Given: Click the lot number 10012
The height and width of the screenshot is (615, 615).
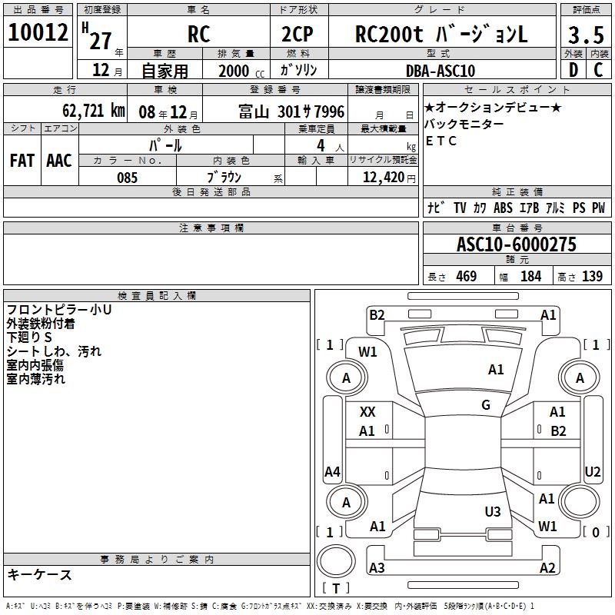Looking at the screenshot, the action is pyautogui.click(x=38, y=32).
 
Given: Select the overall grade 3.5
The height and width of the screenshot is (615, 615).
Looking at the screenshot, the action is pyautogui.click(x=586, y=35).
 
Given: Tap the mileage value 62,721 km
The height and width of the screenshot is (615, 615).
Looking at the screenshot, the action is pyautogui.click(x=94, y=111).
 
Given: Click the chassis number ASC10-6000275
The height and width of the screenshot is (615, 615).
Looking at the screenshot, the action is pyautogui.click(x=517, y=244).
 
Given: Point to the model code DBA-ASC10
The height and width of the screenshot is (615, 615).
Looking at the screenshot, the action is pyautogui.click(x=440, y=71).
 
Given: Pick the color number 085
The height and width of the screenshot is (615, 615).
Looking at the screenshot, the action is pyautogui.click(x=128, y=178).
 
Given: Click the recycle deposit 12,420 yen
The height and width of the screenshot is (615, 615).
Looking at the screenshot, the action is pyautogui.click(x=389, y=178).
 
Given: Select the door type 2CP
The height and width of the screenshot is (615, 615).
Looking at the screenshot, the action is pyautogui.click(x=298, y=34).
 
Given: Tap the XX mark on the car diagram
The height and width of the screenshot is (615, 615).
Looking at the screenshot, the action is pyautogui.click(x=367, y=412).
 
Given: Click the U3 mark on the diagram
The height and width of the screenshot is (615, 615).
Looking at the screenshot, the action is pyautogui.click(x=493, y=511).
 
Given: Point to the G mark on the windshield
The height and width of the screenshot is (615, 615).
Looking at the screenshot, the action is pyautogui.click(x=486, y=405).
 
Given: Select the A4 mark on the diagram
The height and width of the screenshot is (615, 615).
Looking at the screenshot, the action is pyautogui.click(x=332, y=471).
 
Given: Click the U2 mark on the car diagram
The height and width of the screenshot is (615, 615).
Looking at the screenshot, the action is pyautogui.click(x=593, y=471).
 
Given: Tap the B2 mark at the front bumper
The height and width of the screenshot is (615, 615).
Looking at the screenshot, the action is pyautogui.click(x=377, y=315).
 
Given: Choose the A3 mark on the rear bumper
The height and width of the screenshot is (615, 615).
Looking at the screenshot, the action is pyautogui.click(x=377, y=567).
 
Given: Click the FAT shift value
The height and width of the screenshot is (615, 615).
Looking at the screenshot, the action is pyautogui.click(x=22, y=161).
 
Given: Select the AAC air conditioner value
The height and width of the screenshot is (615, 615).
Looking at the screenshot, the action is pyautogui.click(x=59, y=161).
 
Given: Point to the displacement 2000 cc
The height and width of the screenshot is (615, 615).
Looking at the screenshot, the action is pyautogui.click(x=241, y=71).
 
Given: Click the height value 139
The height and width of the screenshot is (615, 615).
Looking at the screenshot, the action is pyautogui.click(x=592, y=276).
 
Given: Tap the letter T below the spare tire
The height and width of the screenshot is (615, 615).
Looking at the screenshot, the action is pyautogui.click(x=336, y=588).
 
